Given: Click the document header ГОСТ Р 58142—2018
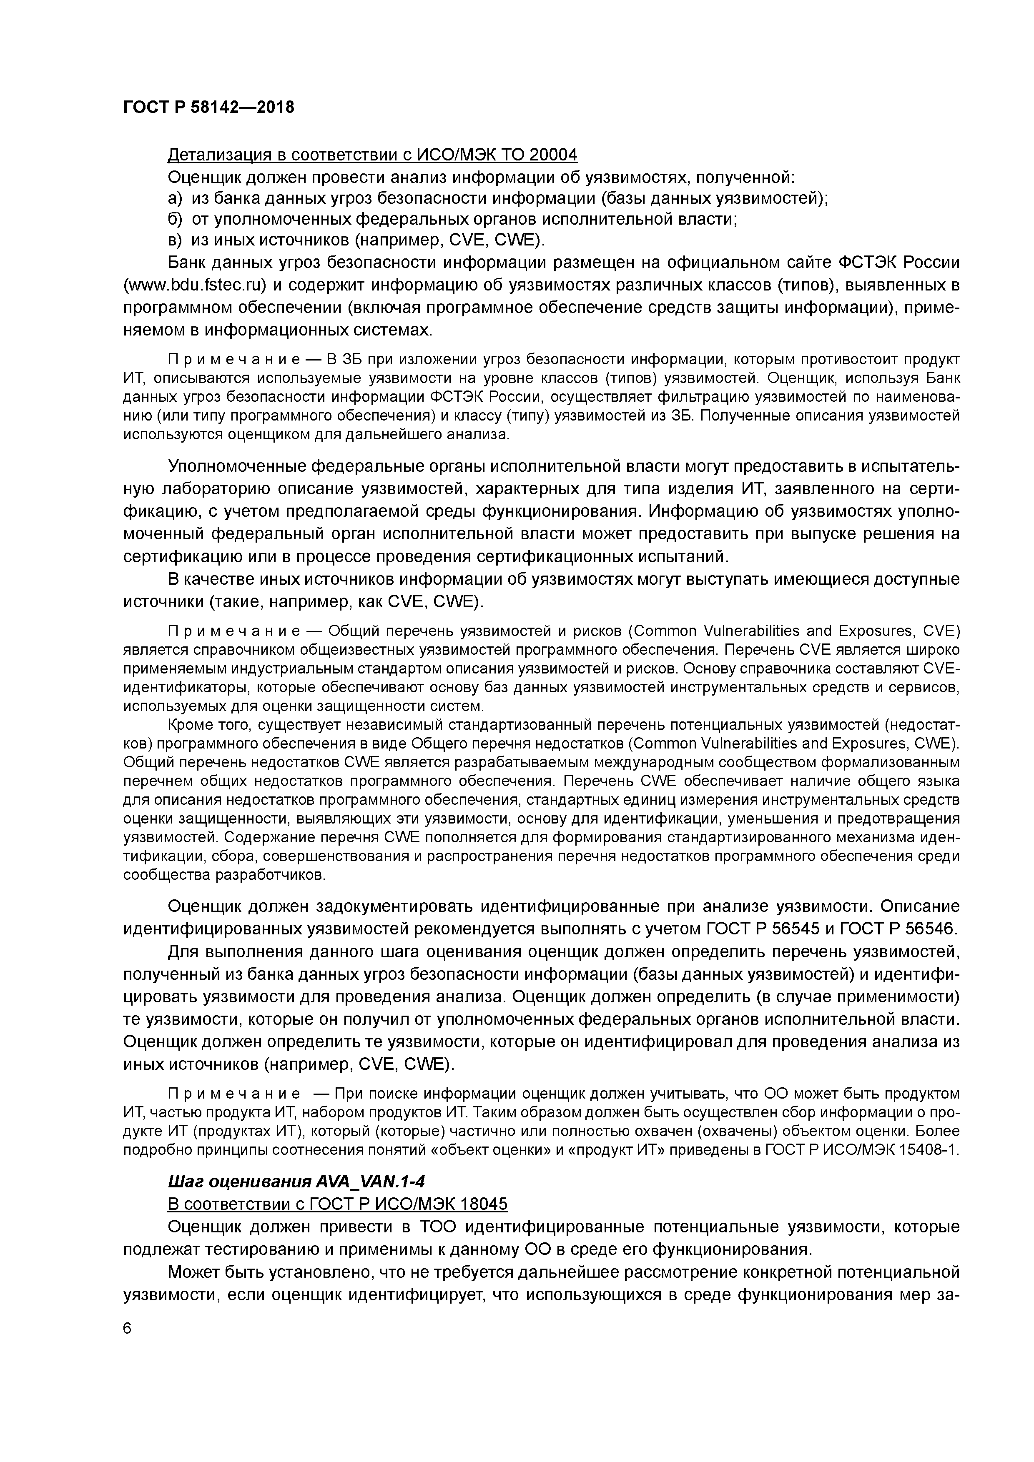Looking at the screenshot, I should (x=208, y=107).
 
